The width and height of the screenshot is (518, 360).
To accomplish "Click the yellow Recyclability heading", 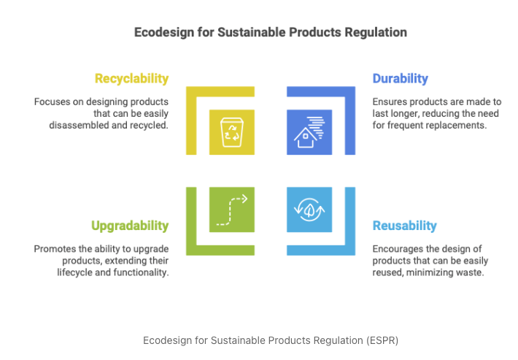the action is [131, 79].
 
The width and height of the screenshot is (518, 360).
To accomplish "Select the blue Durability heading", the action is [400, 79].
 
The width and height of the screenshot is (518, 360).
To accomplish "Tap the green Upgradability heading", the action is [130, 226].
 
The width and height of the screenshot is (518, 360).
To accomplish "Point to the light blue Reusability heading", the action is [404, 226].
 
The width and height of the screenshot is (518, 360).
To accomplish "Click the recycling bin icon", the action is [231, 132].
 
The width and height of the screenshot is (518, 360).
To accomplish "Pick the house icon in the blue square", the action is [309, 132].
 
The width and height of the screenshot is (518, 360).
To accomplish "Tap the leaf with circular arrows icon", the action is [309, 210].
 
